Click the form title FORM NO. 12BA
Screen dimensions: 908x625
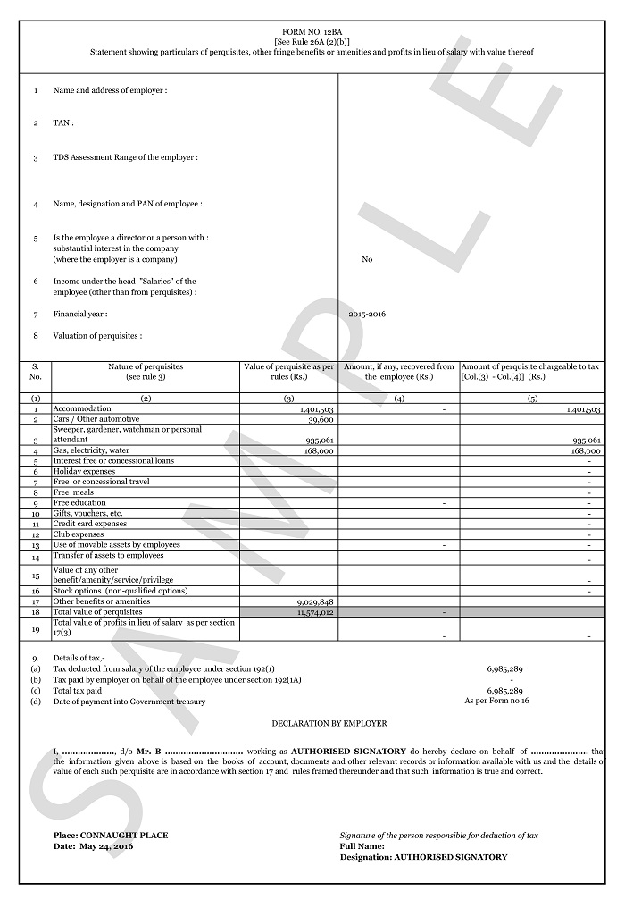(312, 31)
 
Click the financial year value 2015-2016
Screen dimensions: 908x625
(367, 314)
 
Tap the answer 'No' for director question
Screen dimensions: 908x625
(367, 259)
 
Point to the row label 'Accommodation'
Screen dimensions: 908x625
(82, 408)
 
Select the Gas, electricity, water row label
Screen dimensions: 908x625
(92, 450)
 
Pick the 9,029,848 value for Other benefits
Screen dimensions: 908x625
(314, 602)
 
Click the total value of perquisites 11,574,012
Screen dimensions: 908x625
(314, 612)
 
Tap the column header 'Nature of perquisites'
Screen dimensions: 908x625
(146, 366)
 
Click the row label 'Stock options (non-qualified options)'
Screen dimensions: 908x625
(121, 591)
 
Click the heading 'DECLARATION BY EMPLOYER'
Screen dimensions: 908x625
(329, 723)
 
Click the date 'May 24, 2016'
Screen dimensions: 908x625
(106, 845)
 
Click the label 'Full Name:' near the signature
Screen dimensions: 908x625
(362, 845)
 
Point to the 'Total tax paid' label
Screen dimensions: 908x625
(78, 691)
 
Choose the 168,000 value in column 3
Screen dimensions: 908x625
(319, 451)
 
